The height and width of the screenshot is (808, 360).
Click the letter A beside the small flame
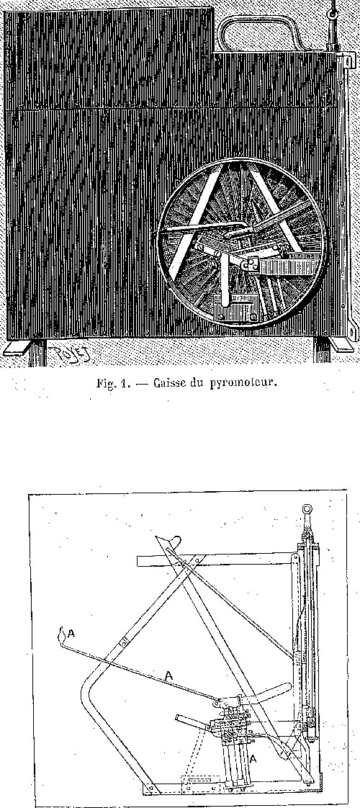click(x=71, y=634)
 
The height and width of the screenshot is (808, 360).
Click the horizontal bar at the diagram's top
click(x=216, y=558)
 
